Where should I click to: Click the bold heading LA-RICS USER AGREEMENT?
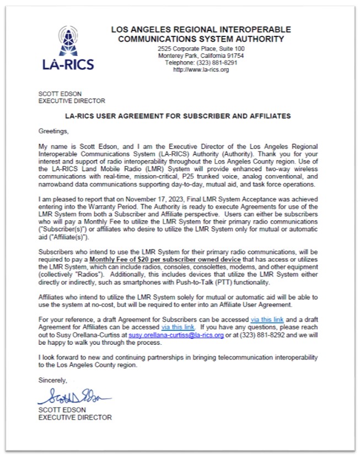[x=178, y=117]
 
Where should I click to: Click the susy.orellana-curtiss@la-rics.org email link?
[x=176, y=334]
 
